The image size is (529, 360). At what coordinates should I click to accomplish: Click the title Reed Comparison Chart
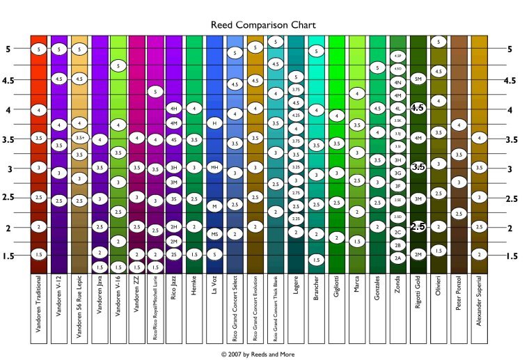pyautogui.click(x=264, y=25)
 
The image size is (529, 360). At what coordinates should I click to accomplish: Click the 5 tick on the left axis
pyautogui.click(x=8, y=49)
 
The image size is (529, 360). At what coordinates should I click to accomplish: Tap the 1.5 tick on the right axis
pyautogui.click(x=512, y=256)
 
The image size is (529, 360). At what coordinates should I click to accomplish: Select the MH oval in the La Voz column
pyautogui.click(x=215, y=168)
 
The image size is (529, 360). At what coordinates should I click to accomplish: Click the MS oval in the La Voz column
pyautogui.click(x=215, y=234)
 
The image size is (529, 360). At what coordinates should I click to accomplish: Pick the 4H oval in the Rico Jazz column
pyautogui.click(x=174, y=109)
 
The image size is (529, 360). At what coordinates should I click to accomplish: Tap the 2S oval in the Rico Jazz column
pyautogui.click(x=174, y=254)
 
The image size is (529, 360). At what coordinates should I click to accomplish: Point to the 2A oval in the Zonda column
pyautogui.click(x=398, y=258)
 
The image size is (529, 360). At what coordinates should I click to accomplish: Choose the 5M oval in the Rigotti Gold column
pyautogui.click(x=418, y=78)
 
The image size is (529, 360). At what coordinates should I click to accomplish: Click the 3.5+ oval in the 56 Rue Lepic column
pyautogui.click(x=79, y=138)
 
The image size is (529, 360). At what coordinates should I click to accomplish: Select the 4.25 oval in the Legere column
pyautogui.click(x=297, y=116)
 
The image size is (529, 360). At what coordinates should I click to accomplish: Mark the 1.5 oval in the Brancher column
pyautogui.click(x=317, y=259)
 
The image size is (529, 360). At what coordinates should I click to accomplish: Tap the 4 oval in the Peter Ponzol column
pyautogui.click(x=458, y=125)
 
